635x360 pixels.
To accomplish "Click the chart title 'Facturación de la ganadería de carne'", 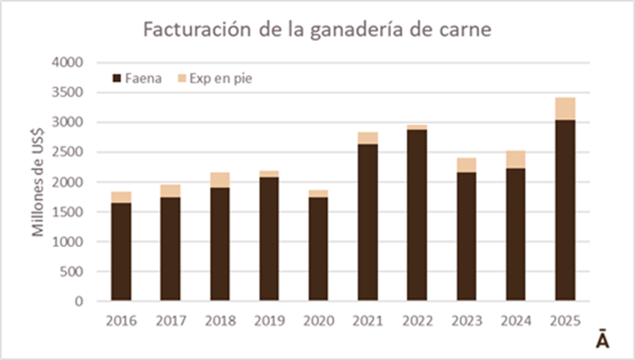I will (317, 30).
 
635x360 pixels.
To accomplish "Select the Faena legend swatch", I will (117, 78).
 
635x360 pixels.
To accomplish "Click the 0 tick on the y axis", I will (79, 301).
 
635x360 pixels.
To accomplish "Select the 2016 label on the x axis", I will (121, 321).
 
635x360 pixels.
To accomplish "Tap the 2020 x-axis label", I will (318, 321).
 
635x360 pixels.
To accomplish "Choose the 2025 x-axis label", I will (565, 321).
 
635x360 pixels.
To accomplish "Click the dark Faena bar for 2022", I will (417, 215).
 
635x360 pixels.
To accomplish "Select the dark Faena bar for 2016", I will (121, 252).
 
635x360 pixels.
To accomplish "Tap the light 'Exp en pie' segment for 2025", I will (565, 109).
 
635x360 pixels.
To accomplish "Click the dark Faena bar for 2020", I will (318, 249).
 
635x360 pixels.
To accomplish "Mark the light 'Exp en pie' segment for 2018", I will (219, 180).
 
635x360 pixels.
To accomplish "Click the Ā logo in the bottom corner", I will (602, 340).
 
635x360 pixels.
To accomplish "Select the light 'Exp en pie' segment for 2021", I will (368, 138).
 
